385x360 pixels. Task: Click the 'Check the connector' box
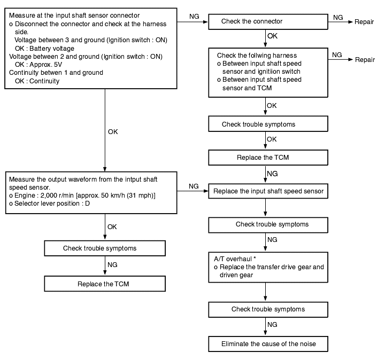(x=268, y=22)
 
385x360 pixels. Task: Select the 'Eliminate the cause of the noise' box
(x=268, y=344)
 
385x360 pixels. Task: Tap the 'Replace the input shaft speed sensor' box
(x=268, y=191)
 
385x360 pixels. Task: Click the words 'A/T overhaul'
(x=233, y=259)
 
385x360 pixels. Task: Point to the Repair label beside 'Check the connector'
(x=364, y=22)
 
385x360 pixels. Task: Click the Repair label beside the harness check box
(x=365, y=60)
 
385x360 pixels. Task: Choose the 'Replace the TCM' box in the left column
(x=105, y=284)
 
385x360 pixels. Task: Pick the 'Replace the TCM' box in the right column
(x=268, y=158)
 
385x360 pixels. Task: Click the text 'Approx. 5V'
(x=46, y=65)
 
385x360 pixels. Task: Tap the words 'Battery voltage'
(x=52, y=49)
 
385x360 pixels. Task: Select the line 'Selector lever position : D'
(x=49, y=204)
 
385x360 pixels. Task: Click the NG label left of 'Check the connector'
(x=194, y=17)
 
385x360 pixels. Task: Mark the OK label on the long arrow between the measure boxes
(x=113, y=132)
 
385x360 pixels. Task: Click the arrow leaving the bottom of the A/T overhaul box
(x=265, y=292)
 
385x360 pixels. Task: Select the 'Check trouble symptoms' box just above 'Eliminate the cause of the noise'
(x=268, y=310)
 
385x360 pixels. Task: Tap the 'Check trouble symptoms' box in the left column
(x=105, y=248)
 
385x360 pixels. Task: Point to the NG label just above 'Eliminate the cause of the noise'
(x=272, y=324)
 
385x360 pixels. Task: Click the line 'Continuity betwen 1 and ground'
(x=56, y=73)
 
